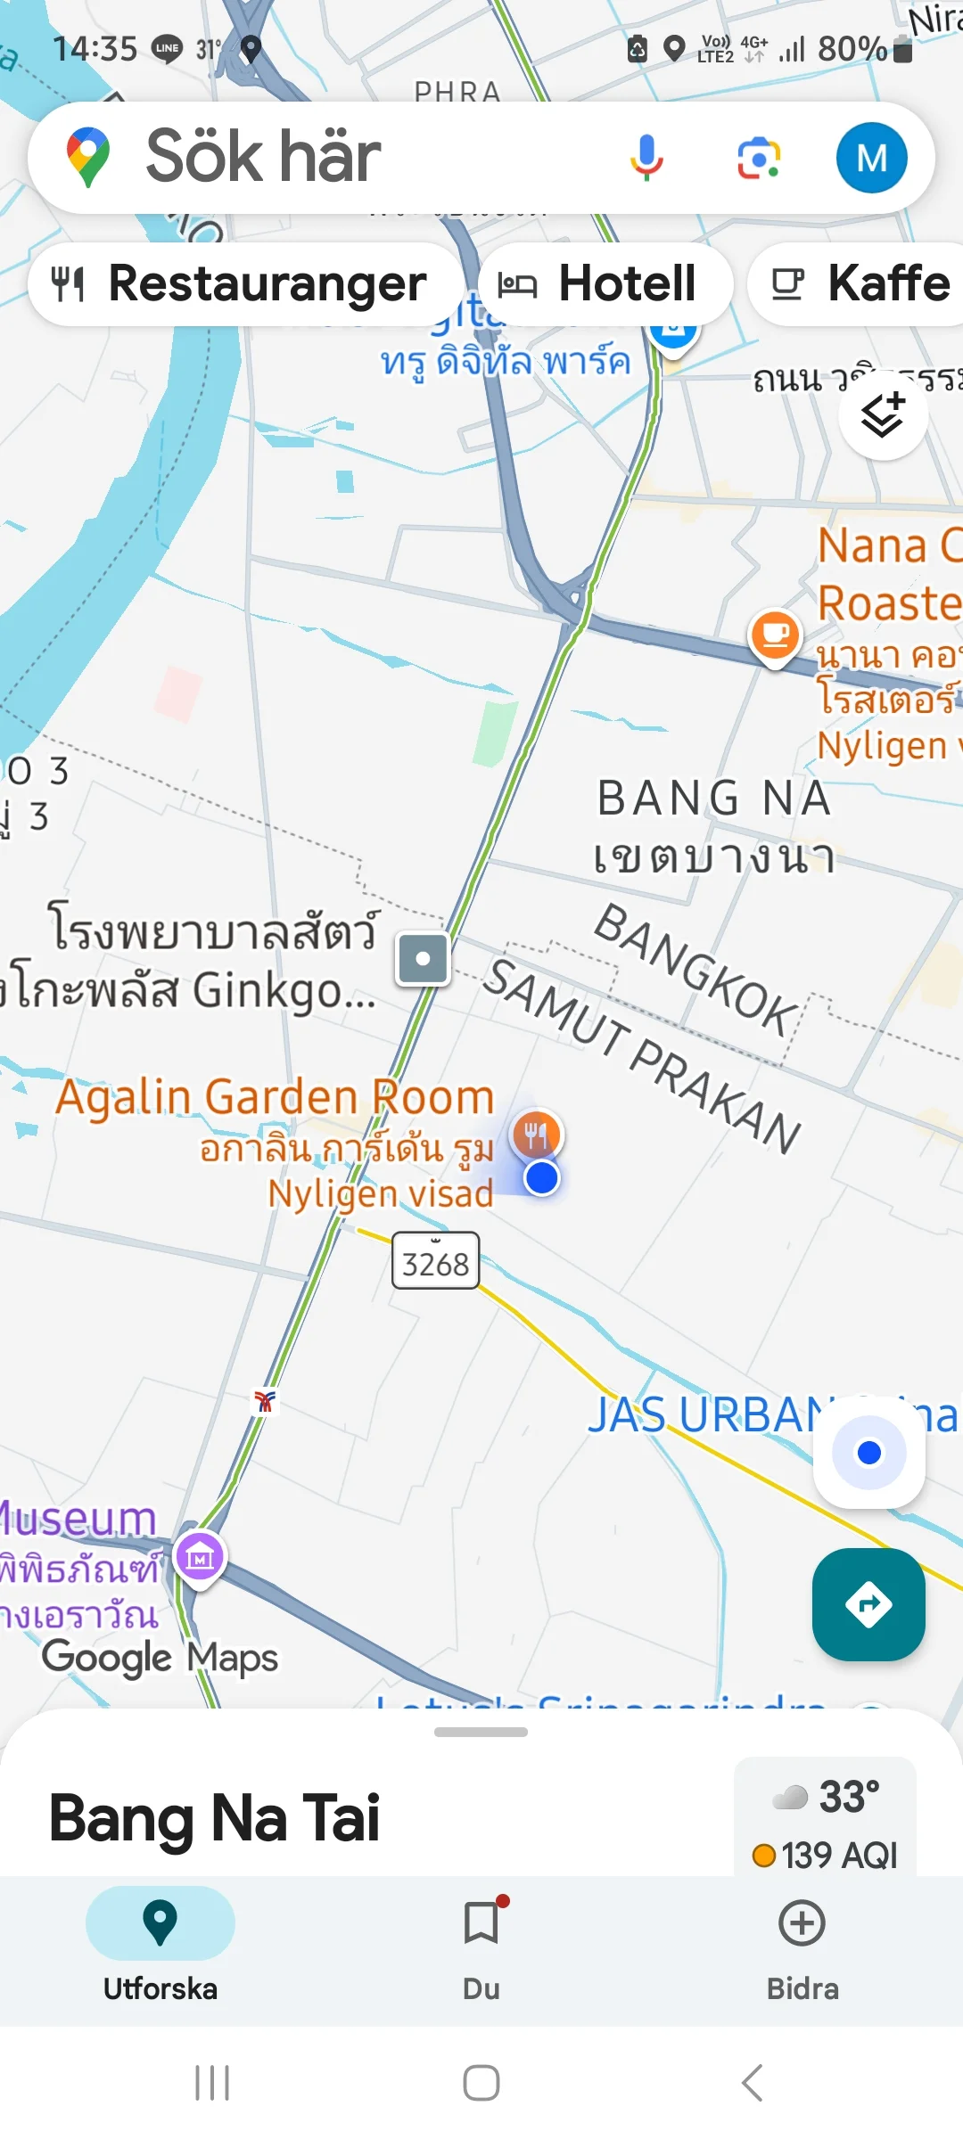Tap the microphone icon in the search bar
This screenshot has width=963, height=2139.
point(646,158)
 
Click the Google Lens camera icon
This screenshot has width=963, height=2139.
point(758,158)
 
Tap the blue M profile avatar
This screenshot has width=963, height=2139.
point(871,158)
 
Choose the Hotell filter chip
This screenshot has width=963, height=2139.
point(606,284)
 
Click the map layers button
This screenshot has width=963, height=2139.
point(883,415)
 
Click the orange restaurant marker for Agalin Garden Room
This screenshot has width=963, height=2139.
point(536,1135)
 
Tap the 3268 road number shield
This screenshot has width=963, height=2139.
point(435,1261)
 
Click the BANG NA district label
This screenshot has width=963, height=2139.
point(713,798)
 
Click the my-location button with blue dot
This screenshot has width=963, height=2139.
point(868,1453)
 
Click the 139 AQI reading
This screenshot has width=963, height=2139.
point(826,1856)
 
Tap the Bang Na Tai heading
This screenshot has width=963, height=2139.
point(215,1818)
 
